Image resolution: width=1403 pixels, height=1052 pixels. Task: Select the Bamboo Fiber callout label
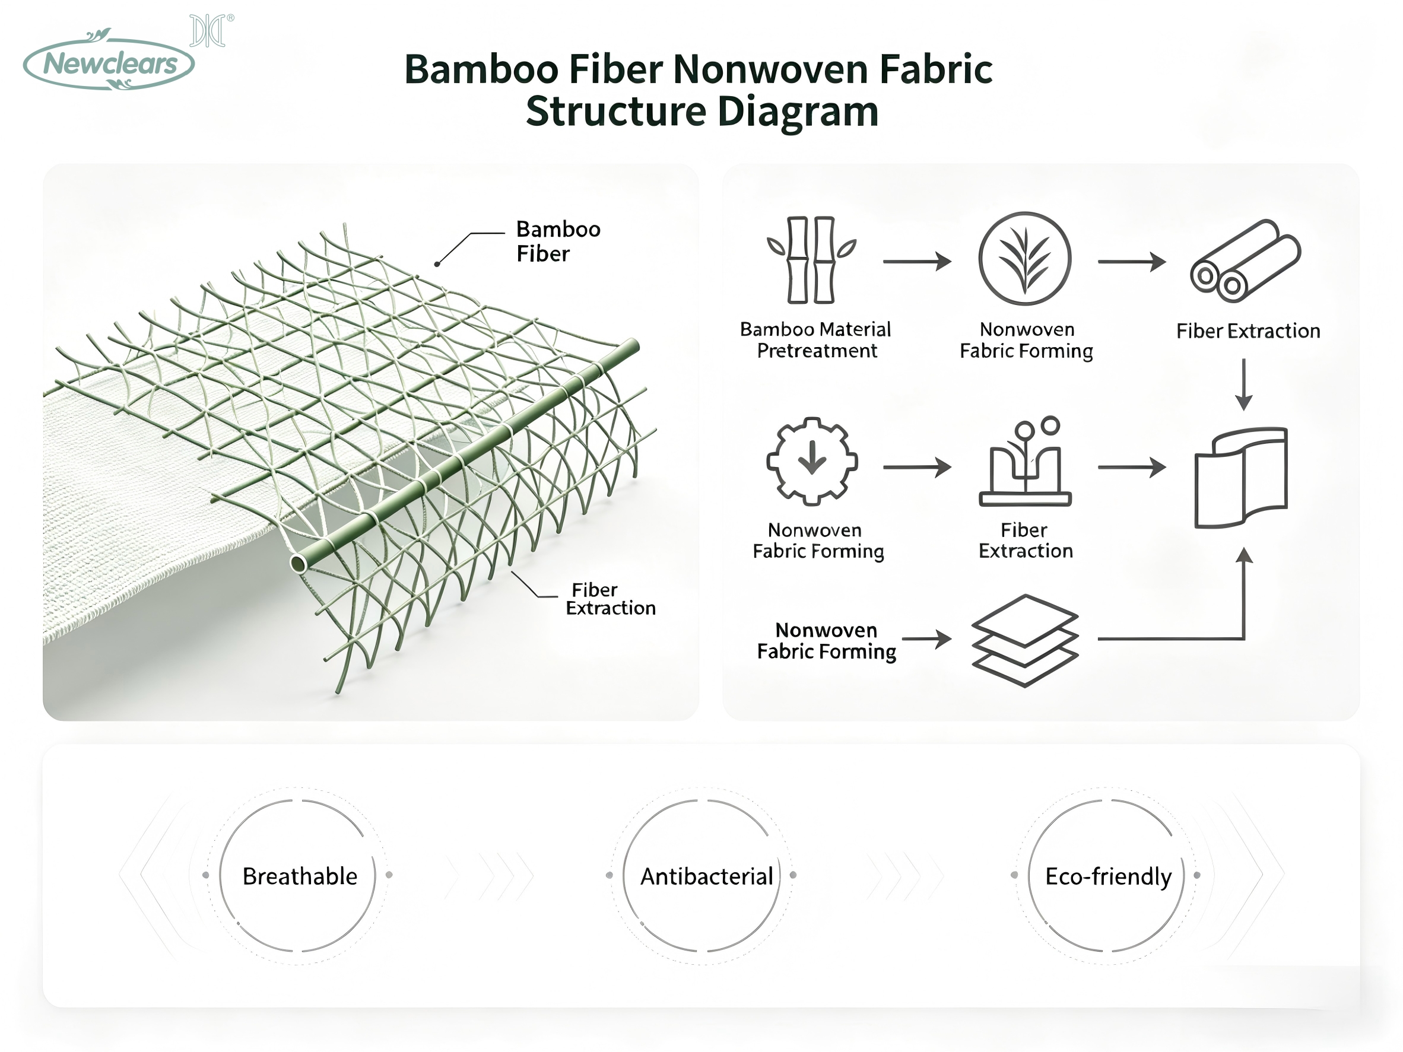(x=558, y=241)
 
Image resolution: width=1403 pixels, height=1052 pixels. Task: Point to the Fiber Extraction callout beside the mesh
(x=610, y=599)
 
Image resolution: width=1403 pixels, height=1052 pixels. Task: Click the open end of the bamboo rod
(x=299, y=563)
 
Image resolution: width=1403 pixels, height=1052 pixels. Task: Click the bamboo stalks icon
(x=811, y=260)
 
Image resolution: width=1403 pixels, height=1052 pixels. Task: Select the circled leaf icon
(x=1024, y=259)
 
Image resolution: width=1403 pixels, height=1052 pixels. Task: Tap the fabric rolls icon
(x=1245, y=260)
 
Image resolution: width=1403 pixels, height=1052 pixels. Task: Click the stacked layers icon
(x=1024, y=640)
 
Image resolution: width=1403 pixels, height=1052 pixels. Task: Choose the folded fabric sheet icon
(x=1240, y=478)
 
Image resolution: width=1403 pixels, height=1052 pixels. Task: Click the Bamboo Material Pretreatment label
(x=815, y=340)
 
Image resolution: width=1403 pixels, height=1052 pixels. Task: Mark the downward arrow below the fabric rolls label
(x=1244, y=384)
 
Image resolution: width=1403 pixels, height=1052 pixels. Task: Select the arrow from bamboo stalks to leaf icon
(x=917, y=261)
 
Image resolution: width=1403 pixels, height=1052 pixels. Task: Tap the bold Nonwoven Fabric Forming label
(x=827, y=640)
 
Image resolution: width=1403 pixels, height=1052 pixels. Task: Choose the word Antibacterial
(x=707, y=876)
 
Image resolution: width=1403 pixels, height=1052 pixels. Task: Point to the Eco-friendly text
(x=1108, y=877)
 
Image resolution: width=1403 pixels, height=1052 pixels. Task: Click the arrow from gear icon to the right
(x=917, y=468)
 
